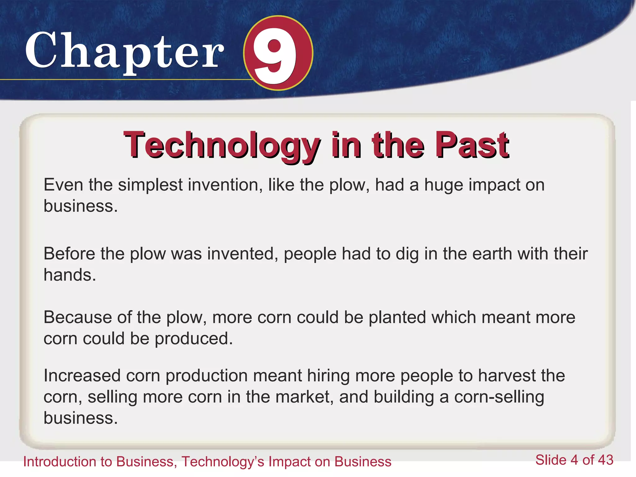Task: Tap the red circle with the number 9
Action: coord(278,53)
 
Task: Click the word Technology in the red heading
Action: coord(222,145)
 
